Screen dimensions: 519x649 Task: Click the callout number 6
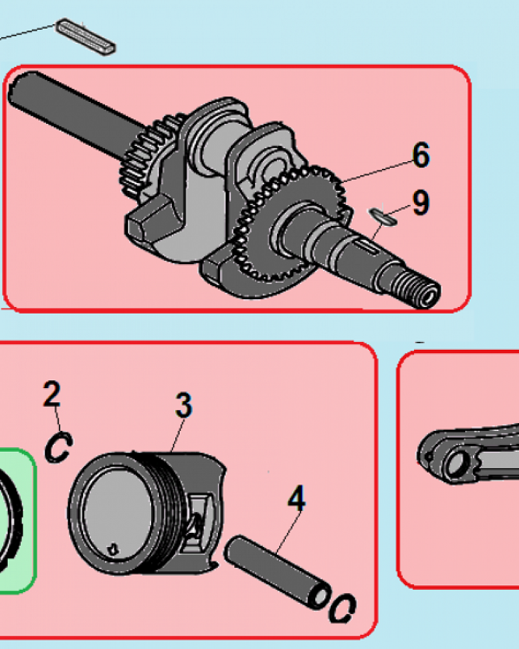(x=421, y=155)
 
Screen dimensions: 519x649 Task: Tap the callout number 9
(x=421, y=202)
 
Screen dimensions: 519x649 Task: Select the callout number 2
(x=52, y=394)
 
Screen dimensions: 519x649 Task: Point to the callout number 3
(x=184, y=405)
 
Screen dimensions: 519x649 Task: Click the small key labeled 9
(x=383, y=217)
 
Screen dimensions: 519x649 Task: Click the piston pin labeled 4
(x=277, y=572)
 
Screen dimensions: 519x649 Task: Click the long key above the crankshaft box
(x=85, y=36)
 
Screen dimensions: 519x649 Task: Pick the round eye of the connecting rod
(x=455, y=463)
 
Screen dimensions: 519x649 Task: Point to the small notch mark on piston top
(x=112, y=550)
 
